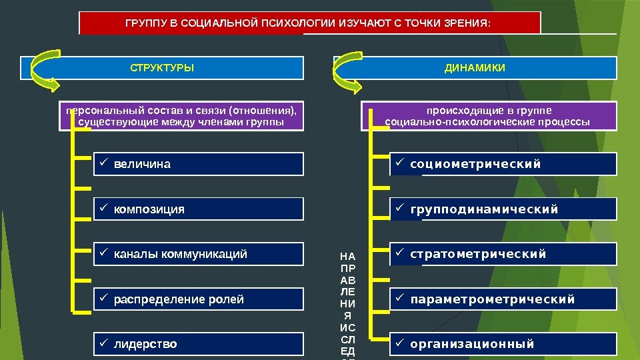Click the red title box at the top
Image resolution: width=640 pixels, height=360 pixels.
click(x=310, y=23)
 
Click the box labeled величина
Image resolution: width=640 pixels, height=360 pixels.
click(x=197, y=164)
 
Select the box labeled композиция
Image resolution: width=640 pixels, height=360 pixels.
click(x=197, y=209)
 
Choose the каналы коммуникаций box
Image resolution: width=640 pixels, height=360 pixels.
click(x=197, y=254)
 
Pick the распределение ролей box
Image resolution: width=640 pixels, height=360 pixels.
click(x=197, y=299)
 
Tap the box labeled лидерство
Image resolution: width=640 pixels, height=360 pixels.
click(x=197, y=344)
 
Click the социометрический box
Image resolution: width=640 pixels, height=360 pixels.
click(x=503, y=164)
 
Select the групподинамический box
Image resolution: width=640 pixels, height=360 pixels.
click(x=503, y=209)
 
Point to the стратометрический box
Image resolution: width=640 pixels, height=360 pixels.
click(x=503, y=254)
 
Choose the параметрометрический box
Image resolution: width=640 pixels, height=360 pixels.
click(x=503, y=299)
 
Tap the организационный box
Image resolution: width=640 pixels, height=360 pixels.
click(x=503, y=344)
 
